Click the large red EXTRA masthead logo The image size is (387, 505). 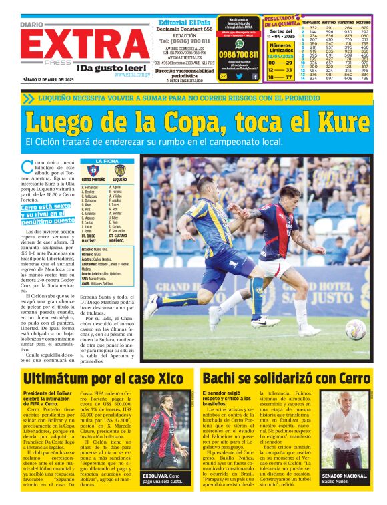[86, 45]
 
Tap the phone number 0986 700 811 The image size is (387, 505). [238, 54]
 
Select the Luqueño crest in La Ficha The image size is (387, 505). [120, 171]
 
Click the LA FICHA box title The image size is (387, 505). [107, 161]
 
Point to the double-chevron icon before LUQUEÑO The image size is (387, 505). [27, 98]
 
